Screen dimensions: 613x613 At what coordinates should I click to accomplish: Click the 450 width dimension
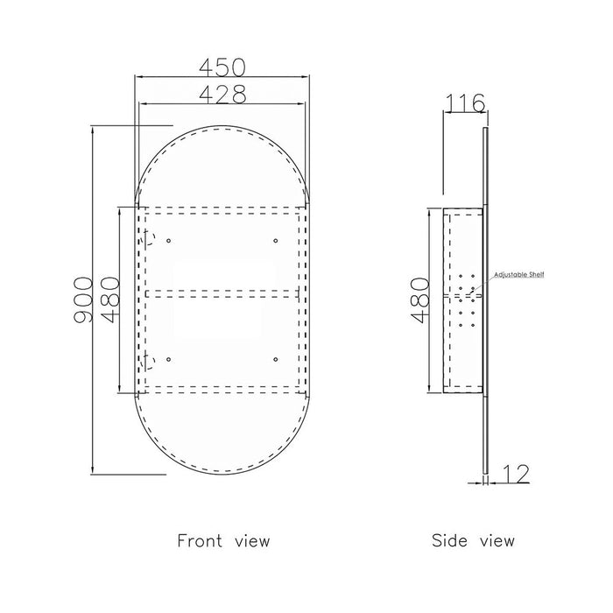pos(222,67)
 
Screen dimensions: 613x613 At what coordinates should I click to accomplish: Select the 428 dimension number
pos(222,95)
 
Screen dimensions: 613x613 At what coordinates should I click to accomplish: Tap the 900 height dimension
pos(83,299)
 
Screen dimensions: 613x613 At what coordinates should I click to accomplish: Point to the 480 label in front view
pos(109,299)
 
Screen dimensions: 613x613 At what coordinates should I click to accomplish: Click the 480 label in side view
pos(420,300)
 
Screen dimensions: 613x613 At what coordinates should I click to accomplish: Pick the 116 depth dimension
pos(465,103)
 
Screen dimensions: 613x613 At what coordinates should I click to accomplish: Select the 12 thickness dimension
pos(516,474)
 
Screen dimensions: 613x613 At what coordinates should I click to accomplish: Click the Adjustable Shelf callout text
pos(518,275)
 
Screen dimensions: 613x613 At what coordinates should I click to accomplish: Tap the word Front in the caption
pos(200,540)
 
